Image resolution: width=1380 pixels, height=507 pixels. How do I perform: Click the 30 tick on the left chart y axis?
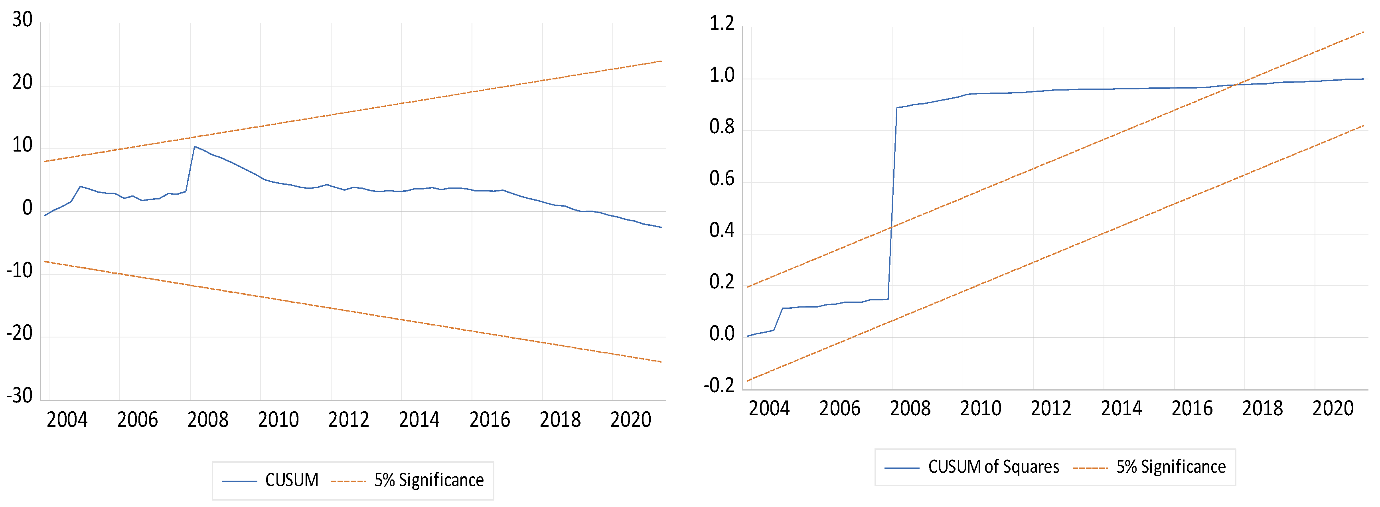click(x=22, y=20)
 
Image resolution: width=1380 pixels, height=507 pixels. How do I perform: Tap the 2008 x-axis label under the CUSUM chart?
click(x=208, y=419)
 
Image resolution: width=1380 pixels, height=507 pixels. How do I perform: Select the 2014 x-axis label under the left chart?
click(x=419, y=419)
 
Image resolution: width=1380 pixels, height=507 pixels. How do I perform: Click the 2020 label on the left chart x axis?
click(x=630, y=419)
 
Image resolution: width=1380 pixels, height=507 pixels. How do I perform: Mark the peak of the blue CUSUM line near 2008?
click(x=194, y=147)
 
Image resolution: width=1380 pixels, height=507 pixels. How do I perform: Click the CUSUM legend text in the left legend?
click(x=291, y=480)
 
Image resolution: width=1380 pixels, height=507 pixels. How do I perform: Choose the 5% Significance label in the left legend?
click(x=428, y=480)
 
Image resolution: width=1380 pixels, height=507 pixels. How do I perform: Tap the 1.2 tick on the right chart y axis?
click(x=722, y=24)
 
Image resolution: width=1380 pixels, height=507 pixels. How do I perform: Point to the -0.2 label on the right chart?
click(x=719, y=385)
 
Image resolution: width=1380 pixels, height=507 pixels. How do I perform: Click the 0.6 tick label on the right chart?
click(x=722, y=179)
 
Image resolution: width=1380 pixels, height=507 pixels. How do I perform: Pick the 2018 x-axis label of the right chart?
click(x=1262, y=408)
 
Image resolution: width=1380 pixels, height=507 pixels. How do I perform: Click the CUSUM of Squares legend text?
click(x=993, y=467)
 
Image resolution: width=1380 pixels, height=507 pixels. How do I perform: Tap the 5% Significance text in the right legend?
click(x=1171, y=467)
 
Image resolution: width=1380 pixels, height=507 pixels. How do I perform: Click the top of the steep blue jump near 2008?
click(x=897, y=108)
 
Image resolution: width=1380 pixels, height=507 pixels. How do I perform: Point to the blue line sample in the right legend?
click(x=902, y=468)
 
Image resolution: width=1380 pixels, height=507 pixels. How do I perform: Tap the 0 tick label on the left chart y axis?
click(x=27, y=208)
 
